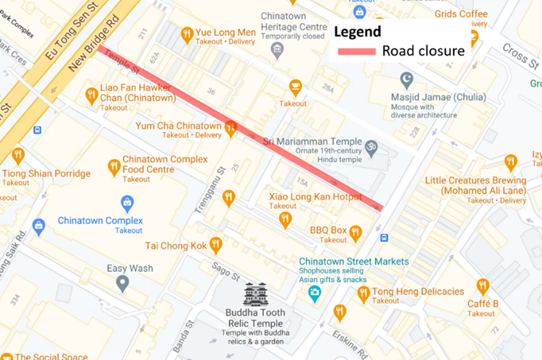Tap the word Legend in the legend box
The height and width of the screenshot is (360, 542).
pos(357,32)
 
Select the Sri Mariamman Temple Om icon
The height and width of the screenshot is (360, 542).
pos(371,147)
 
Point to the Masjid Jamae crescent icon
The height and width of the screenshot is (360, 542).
pos(407,77)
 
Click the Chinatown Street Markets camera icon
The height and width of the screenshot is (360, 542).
pos(314,293)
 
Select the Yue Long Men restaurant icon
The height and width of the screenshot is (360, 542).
pos(187,33)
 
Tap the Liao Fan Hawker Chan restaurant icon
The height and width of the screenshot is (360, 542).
pos(91,95)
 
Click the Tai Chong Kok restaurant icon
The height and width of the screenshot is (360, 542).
pos(215,245)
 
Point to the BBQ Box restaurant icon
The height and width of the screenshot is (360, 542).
pos(355,233)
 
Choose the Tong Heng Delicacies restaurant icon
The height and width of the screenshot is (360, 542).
pos(364,293)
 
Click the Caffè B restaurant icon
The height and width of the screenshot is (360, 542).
pos(483,286)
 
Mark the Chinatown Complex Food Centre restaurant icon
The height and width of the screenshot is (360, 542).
pos(114,168)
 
